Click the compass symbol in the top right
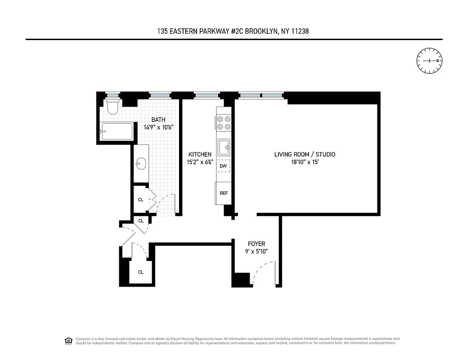click(x=430, y=60)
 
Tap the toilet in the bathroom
click(x=112, y=107)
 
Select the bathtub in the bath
click(x=116, y=131)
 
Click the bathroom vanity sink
click(x=141, y=163)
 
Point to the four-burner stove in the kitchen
click(x=224, y=123)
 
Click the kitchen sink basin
click(x=224, y=147)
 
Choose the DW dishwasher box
click(x=223, y=166)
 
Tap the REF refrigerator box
click(x=224, y=193)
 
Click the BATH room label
click(x=158, y=120)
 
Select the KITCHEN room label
click(x=200, y=154)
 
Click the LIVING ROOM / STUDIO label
click(x=305, y=154)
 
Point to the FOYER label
click(x=256, y=244)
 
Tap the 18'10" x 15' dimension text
click(x=305, y=162)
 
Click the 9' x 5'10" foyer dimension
click(x=256, y=252)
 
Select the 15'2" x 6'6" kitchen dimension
click(x=200, y=162)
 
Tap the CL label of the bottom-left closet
click(x=141, y=272)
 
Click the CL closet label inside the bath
click(x=141, y=199)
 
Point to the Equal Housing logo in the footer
click(x=68, y=341)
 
